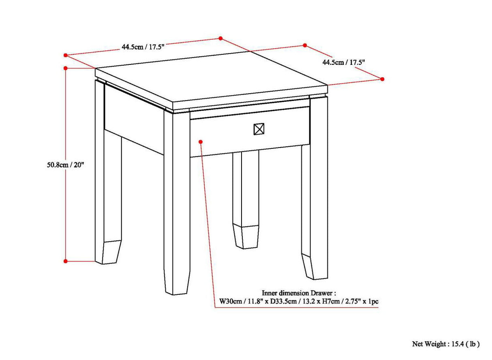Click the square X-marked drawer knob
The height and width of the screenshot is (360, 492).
[259, 129]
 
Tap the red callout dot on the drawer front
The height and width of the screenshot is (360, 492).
[200, 141]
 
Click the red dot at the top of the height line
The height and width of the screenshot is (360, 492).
[65, 68]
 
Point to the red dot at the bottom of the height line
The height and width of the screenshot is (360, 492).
[65, 261]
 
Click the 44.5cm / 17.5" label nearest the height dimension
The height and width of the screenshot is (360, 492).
[143, 47]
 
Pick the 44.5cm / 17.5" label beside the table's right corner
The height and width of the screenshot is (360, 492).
[344, 62]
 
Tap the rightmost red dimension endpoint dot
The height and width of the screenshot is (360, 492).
[382, 79]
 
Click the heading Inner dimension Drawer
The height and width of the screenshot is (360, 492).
[299, 293]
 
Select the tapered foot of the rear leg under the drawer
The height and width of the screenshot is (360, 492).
[246, 237]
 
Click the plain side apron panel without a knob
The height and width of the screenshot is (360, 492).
[134, 118]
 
